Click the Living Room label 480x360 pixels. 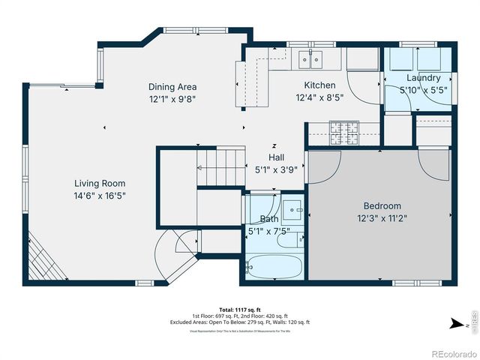click(x=99, y=183)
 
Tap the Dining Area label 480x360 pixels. click(x=172, y=87)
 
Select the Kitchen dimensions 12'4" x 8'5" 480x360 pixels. click(x=319, y=97)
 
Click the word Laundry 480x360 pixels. click(x=423, y=78)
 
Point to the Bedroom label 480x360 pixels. click(x=382, y=206)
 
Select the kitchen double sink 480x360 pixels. click(x=309, y=58)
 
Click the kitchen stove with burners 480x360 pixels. click(x=346, y=133)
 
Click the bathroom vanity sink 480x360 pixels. click(x=292, y=208)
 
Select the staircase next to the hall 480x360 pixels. click(x=221, y=160)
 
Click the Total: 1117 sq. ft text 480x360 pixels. click(x=239, y=309)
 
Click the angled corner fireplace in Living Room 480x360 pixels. click(x=42, y=259)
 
